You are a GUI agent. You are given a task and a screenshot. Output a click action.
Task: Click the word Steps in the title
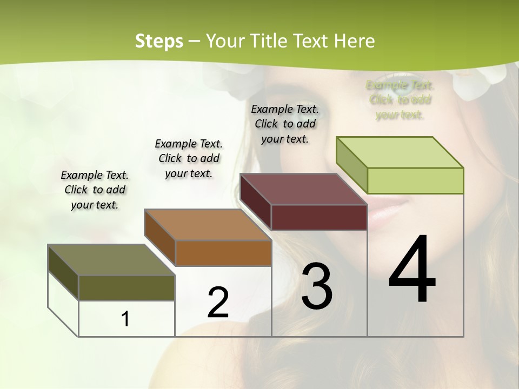pyautogui.click(x=159, y=41)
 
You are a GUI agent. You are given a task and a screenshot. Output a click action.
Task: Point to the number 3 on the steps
pyautogui.click(x=317, y=286)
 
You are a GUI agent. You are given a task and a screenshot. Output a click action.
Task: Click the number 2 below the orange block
pyautogui.click(x=218, y=303)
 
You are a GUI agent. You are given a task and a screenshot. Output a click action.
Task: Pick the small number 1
pyautogui.click(x=125, y=319)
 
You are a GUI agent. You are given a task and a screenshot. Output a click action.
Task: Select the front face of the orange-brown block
pyautogui.click(x=223, y=253)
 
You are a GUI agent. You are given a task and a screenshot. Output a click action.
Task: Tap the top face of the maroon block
pyautogui.click(x=303, y=189)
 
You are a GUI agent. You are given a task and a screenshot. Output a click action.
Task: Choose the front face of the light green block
pyautogui.click(x=415, y=180)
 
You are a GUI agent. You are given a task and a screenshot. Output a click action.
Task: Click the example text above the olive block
pyautogui.click(x=95, y=190)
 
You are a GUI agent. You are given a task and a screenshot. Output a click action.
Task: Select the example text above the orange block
pyautogui.click(x=189, y=158)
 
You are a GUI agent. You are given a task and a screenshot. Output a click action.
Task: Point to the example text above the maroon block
pyautogui.click(x=285, y=124)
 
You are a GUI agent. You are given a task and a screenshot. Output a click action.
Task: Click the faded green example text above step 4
pyautogui.click(x=400, y=100)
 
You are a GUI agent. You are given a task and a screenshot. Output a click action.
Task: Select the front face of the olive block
pyautogui.click(x=127, y=287)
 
